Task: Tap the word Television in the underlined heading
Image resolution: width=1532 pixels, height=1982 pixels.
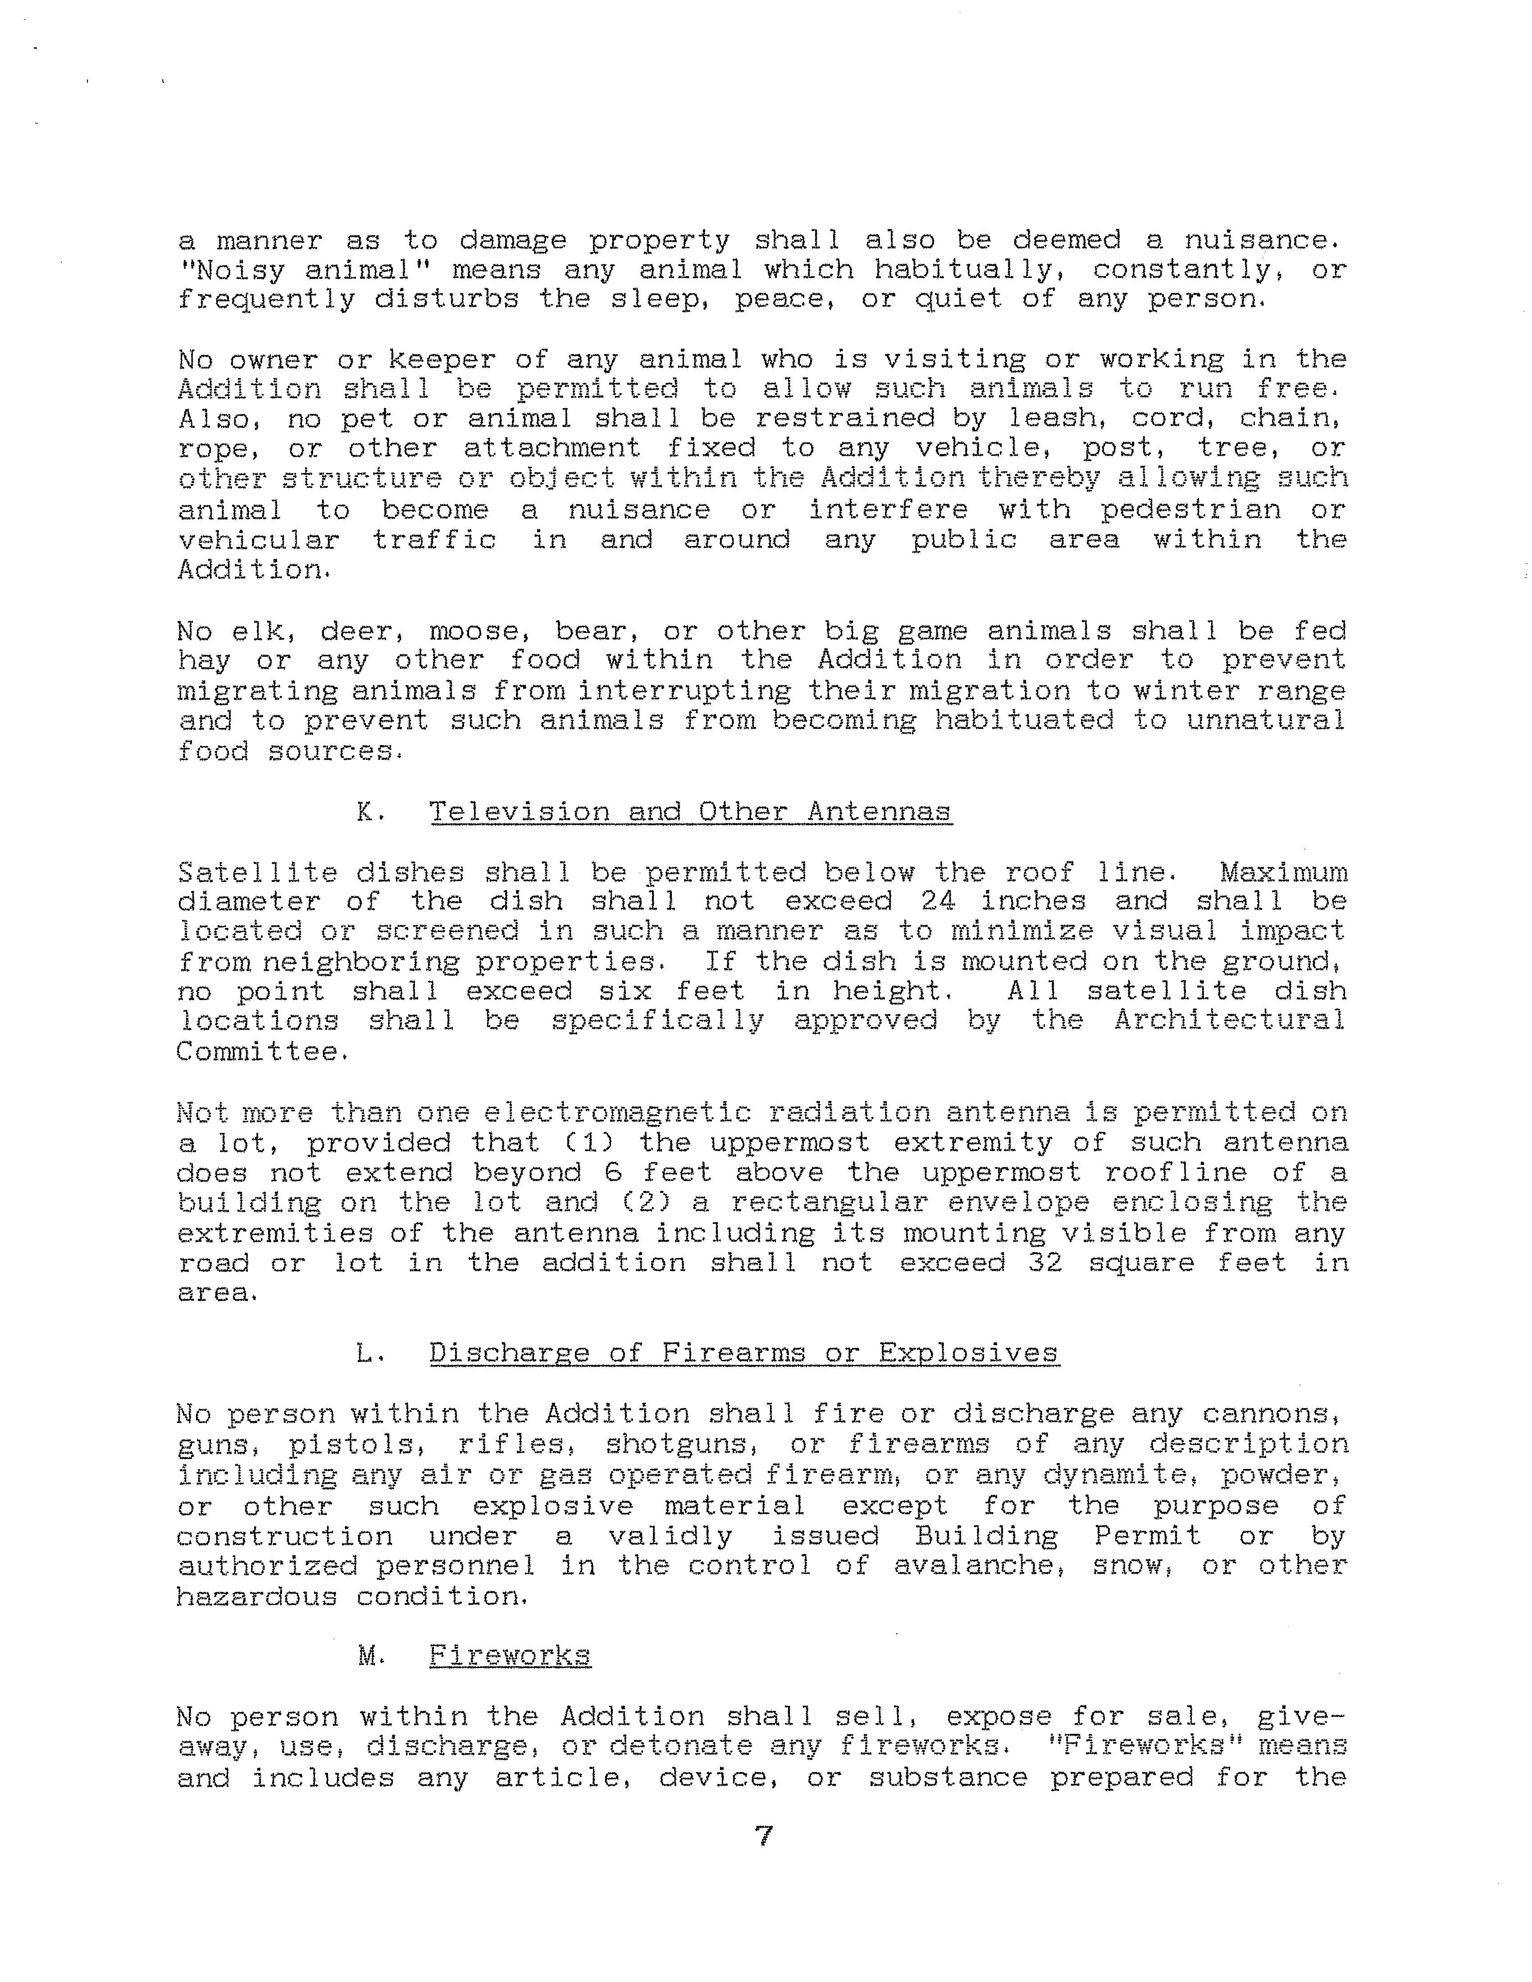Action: tap(519, 811)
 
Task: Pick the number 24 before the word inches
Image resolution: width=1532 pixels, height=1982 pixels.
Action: tap(939, 901)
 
